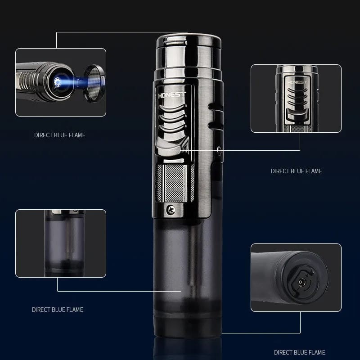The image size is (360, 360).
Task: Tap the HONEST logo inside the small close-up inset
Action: [296, 82]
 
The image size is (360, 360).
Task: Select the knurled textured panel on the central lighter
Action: [175, 183]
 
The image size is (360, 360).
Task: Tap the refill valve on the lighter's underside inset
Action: [301, 283]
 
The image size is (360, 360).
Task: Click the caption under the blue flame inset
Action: [59, 135]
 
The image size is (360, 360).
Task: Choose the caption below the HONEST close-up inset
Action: [296, 171]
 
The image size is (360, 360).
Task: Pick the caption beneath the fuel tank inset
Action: [57, 310]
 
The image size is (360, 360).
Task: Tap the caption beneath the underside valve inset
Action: [299, 352]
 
